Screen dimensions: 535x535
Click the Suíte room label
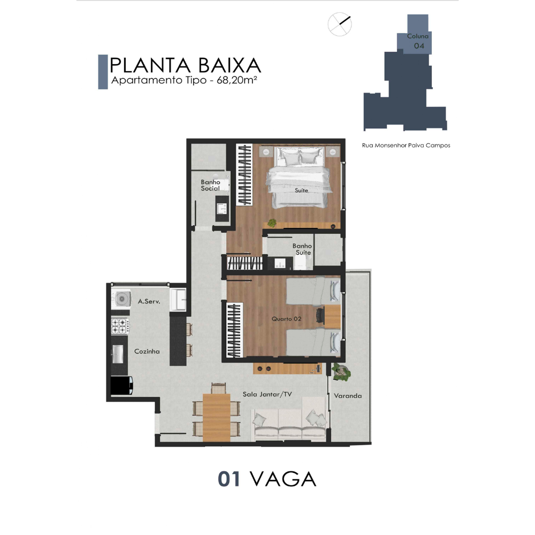pos(301,190)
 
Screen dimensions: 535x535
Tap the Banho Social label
pos(210,185)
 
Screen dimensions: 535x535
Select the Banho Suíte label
pos(302,249)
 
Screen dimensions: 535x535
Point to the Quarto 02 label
pos(286,319)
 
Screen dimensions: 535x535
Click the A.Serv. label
pos(149,301)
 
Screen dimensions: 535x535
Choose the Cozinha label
pos(147,351)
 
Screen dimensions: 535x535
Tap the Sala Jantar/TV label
pos(267,394)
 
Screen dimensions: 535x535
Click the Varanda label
pos(348,396)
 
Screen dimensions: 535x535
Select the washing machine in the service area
pos(121,299)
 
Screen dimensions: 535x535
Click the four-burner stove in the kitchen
pos(120,326)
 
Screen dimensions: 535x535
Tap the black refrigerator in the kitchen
pos(121,385)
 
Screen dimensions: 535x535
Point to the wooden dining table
pos(216,418)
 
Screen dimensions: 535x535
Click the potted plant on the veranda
pos(341,372)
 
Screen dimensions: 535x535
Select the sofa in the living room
pos(289,419)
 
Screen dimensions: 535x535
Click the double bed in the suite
pos(299,177)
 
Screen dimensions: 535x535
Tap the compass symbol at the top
pos(340,24)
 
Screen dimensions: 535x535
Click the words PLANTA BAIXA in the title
pos(185,65)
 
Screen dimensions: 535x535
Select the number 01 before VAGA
pos(229,479)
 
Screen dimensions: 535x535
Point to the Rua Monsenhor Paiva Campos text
pos(406,146)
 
